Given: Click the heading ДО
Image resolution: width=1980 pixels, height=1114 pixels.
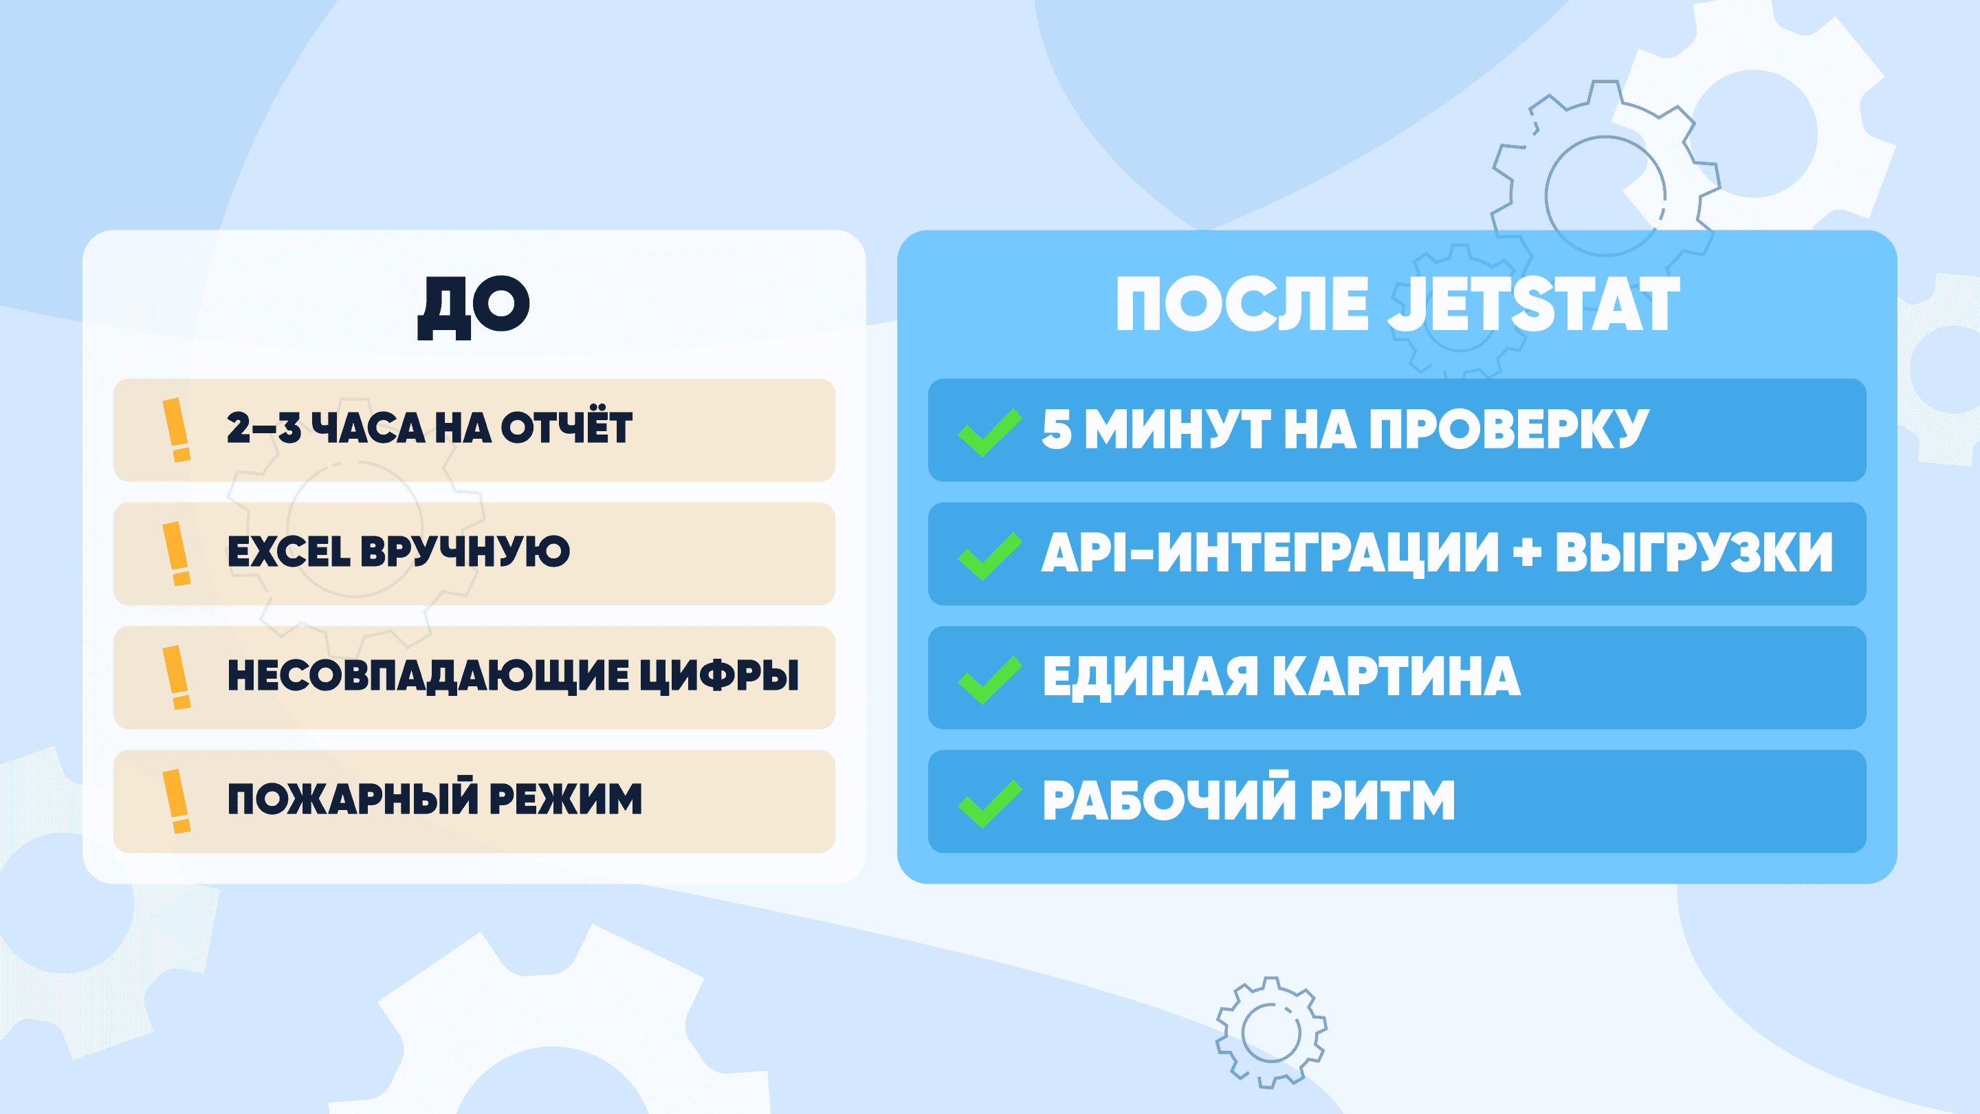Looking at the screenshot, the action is point(474,307).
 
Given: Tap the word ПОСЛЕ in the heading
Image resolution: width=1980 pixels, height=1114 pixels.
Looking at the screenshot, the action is point(1242,305).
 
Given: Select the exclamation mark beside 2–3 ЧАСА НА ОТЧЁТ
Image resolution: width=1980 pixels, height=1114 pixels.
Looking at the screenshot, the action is point(177,430).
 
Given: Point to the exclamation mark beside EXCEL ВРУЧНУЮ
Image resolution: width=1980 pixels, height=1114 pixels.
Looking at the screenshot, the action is point(177,554).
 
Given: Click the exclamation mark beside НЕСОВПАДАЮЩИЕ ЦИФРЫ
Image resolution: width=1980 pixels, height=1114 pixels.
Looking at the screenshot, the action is point(177,677).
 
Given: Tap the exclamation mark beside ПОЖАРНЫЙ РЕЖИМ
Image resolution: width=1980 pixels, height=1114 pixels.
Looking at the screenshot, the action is point(177,801).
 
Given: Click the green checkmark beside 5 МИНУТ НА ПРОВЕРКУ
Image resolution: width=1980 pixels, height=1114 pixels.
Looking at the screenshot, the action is point(990,433).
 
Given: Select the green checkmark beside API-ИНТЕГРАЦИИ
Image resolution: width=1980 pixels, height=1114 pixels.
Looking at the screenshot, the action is point(990,556).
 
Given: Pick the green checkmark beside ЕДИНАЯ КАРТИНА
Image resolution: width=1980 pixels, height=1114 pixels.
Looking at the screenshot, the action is point(990,680).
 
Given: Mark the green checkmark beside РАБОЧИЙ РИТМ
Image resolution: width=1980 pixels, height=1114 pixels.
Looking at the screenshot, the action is point(990,803).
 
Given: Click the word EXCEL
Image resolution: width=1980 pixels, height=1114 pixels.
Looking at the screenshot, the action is point(289,552).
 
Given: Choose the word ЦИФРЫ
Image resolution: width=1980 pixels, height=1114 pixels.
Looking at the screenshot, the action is point(719,677).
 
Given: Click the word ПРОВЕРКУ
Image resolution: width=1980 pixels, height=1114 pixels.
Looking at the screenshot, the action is point(1509,429).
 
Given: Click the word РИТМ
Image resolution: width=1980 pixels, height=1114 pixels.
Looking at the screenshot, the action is point(1382,800).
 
